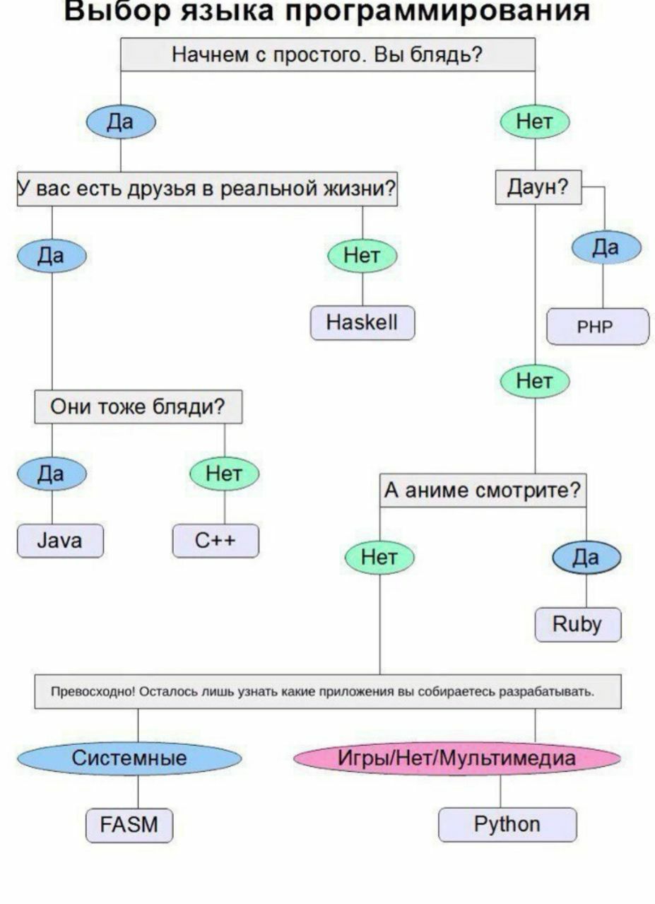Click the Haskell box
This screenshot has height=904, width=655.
(x=362, y=323)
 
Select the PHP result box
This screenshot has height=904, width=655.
(x=597, y=327)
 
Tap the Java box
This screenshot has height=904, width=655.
(x=60, y=541)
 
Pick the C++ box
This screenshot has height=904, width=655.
(x=216, y=541)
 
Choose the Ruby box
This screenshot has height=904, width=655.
(x=577, y=624)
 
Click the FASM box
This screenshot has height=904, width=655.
(x=129, y=825)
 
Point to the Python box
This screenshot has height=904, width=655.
(x=507, y=825)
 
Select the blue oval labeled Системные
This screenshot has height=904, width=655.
(x=129, y=758)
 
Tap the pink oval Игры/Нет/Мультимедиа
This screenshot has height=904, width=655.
(x=456, y=758)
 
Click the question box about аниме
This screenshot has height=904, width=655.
(x=483, y=491)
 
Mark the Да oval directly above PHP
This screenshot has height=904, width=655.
(x=606, y=247)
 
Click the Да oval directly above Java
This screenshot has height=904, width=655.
(x=51, y=474)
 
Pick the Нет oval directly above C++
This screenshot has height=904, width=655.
(x=224, y=474)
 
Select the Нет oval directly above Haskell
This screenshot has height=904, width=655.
(x=362, y=256)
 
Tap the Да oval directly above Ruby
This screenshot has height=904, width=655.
(x=586, y=558)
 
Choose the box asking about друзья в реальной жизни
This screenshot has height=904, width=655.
(x=206, y=189)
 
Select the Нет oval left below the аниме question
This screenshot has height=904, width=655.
(x=379, y=558)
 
